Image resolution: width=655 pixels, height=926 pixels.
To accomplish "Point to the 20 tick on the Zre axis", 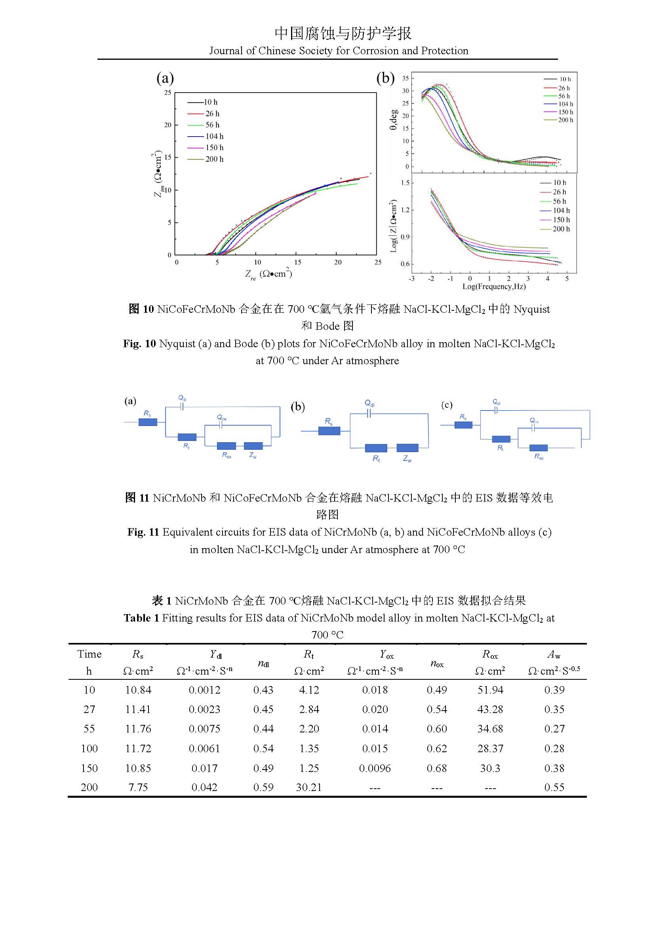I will click(x=337, y=262).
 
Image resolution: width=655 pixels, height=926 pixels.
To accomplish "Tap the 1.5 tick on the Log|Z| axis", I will click(x=405, y=183).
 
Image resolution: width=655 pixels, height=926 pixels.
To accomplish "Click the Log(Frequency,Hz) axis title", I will click(x=494, y=286).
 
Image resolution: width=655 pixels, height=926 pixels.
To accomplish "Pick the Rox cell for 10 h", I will click(x=490, y=690).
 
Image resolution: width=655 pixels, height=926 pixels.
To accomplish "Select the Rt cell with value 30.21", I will click(x=308, y=787).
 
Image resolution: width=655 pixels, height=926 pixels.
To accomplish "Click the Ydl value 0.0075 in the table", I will click(x=204, y=728).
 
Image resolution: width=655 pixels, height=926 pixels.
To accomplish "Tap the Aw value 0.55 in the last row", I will click(x=554, y=787).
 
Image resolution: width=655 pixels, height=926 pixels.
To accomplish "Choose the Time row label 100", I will click(x=89, y=748).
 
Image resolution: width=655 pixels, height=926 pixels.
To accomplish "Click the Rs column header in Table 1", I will click(x=138, y=654).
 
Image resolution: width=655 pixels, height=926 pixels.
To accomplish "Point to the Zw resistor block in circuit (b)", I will click(x=407, y=448).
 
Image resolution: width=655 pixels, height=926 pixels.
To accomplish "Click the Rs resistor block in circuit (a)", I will click(x=148, y=422).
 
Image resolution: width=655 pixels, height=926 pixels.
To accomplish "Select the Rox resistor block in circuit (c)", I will click(x=538, y=448).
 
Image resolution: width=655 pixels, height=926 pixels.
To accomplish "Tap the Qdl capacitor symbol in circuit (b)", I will click(x=369, y=413).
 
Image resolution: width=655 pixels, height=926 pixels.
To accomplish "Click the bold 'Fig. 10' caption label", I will click(x=139, y=344).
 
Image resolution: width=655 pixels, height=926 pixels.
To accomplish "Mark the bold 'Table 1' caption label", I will click(x=141, y=618).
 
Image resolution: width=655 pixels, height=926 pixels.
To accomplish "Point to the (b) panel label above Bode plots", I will click(x=385, y=78).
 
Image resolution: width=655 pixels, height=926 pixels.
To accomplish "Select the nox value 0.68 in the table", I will click(x=436, y=768).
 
